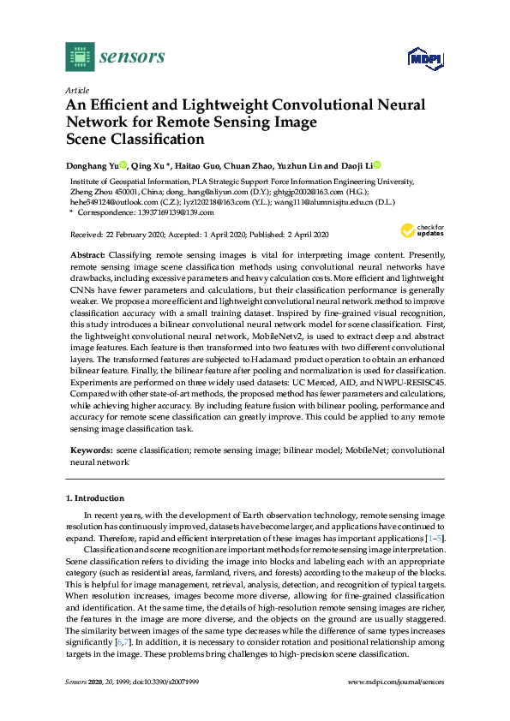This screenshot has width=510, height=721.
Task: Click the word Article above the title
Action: click(x=76, y=90)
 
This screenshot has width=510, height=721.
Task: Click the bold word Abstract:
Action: click(x=88, y=256)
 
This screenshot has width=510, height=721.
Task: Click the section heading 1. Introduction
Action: click(x=95, y=498)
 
